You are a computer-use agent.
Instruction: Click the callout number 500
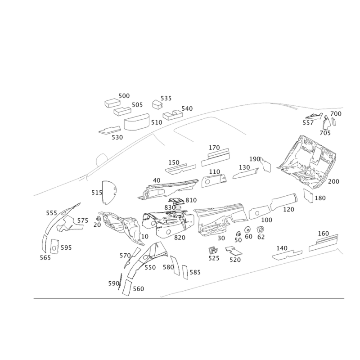click(124, 96)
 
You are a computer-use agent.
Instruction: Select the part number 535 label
click(166, 98)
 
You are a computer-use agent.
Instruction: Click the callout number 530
click(117, 136)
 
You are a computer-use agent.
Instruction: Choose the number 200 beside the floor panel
click(333, 181)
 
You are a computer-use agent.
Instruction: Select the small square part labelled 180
click(309, 196)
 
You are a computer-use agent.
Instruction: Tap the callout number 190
click(256, 159)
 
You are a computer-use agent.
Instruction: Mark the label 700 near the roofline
click(336, 114)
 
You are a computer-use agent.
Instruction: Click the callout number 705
click(325, 133)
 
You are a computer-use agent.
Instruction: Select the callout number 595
click(66, 248)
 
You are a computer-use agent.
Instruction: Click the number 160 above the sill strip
click(323, 233)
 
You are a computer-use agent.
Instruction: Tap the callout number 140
click(281, 248)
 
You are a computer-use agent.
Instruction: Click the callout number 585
click(195, 272)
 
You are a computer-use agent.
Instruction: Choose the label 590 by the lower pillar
click(113, 283)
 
